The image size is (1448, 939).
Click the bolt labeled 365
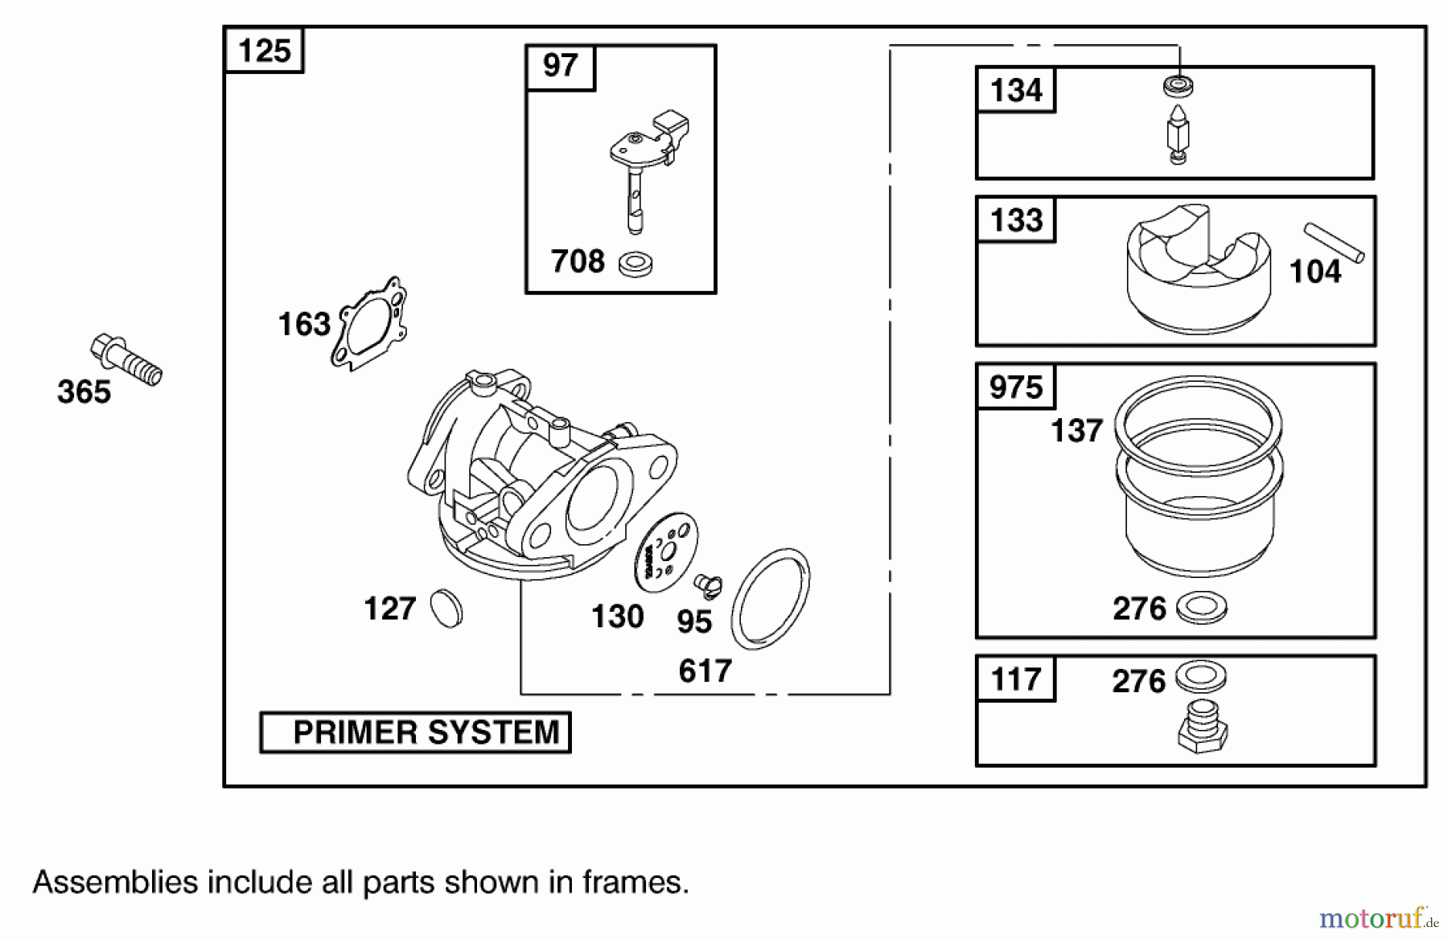coord(126,361)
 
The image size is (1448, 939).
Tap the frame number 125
coord(264,51)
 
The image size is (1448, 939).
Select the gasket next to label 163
coord(369,323)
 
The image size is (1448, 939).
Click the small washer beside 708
coord(636,263)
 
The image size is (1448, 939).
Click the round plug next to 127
coord(446,609)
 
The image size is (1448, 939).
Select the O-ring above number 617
coord(771,598)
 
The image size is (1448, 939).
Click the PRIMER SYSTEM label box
coord(415,732)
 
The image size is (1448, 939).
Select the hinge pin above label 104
coord(1334,242)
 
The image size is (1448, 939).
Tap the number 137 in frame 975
coord(1076,431)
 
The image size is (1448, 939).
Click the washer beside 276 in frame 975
coord(1202,607)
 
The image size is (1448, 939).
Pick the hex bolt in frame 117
coord(1202,727)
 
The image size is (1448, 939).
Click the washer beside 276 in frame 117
coord(1201,675)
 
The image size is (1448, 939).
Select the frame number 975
coord(1015,387)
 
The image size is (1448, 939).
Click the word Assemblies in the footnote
coord(115,883)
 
